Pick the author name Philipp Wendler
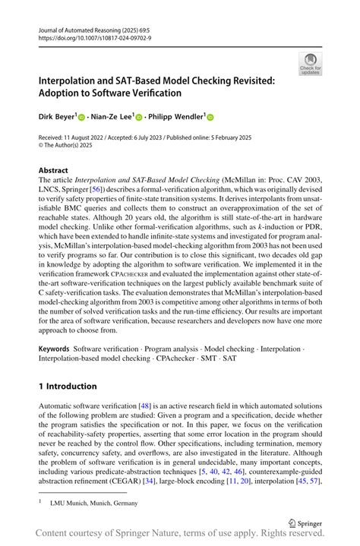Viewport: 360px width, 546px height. pos(176,118)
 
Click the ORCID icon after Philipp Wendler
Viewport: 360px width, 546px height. pos(210,118)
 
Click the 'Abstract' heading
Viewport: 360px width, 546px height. pos(53,170)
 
